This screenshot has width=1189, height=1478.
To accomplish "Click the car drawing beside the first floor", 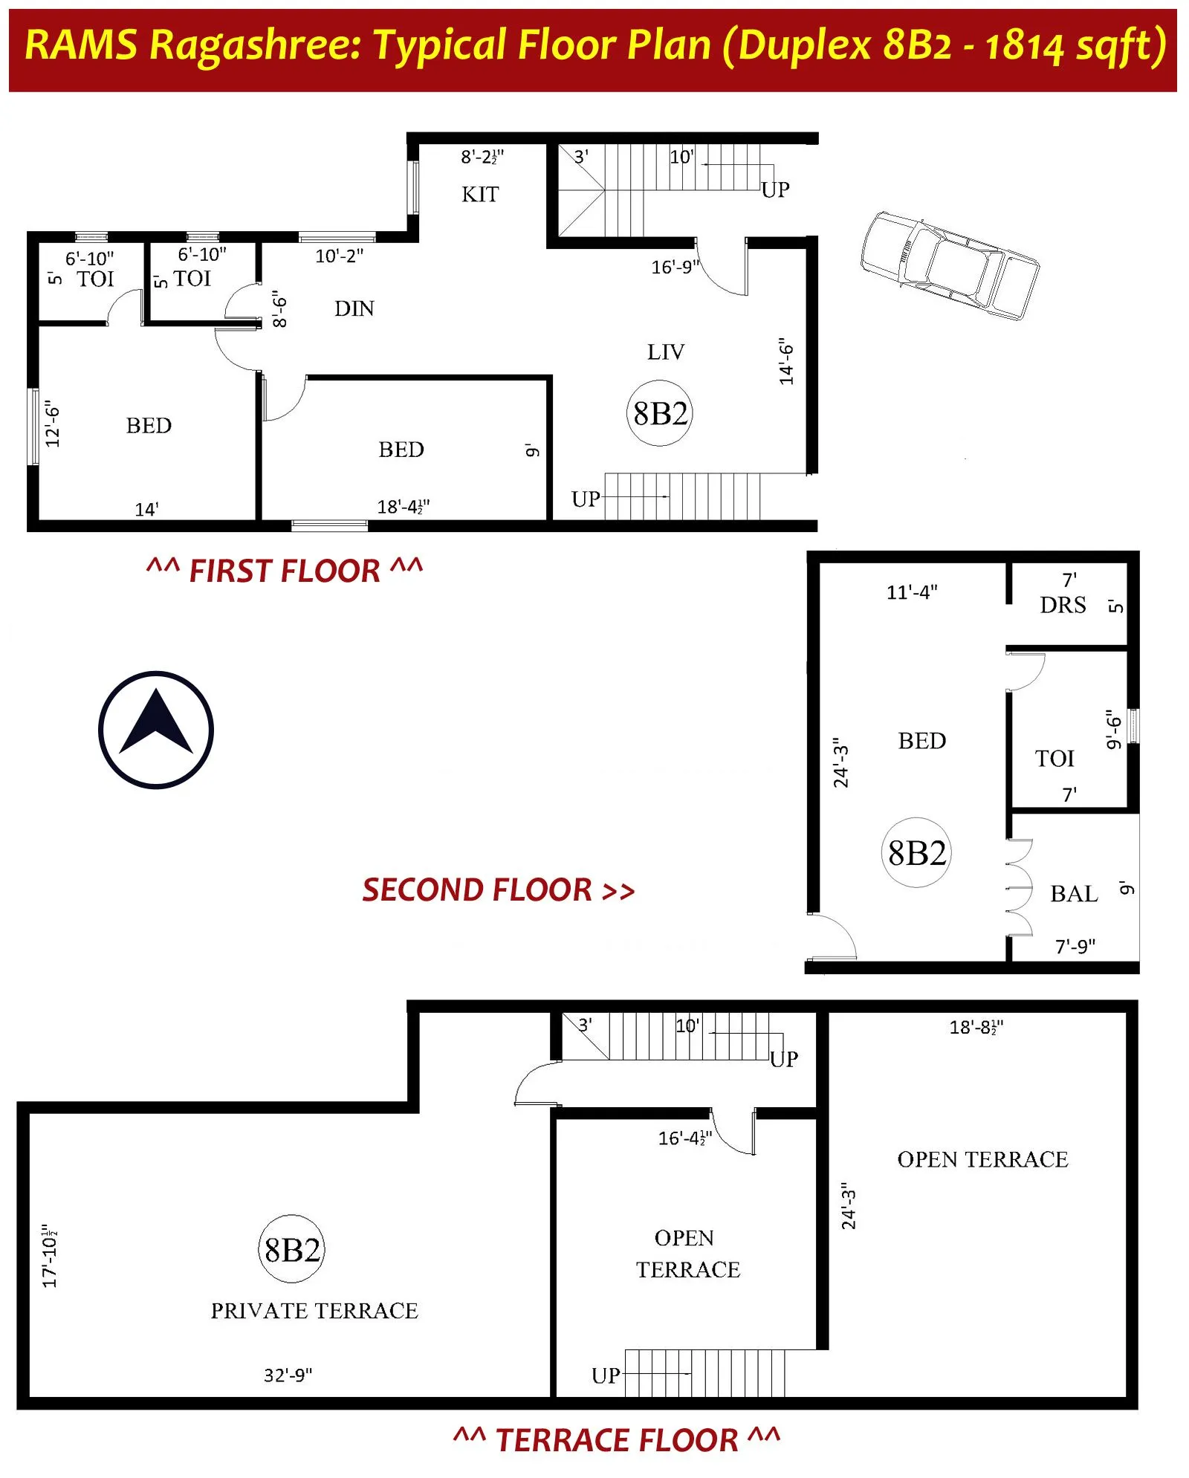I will tap(949, 266).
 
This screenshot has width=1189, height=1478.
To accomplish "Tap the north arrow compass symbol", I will tap(156, 730).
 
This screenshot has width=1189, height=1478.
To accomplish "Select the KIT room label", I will tap(480, 195).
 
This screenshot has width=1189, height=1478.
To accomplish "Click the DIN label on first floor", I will tap(354, 308).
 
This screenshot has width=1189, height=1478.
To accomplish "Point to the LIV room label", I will tap(665, 352).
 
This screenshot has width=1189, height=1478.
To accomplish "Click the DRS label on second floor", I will tap(1063, 605).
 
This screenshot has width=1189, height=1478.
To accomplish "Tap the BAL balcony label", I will tap(1074, 893).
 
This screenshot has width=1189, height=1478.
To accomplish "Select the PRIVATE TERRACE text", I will tap(314, 1311).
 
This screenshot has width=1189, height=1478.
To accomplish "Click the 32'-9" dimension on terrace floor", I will tap(288, 1375).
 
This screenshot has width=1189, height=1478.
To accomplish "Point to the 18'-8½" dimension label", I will tap(976, 1027).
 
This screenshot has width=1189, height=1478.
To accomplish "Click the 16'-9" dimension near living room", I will tap(675, 268).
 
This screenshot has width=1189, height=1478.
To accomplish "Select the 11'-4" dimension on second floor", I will tap(912, 592).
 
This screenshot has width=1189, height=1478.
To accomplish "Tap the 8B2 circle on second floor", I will tap(916, 853).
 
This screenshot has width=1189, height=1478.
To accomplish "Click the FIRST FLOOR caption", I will tap(285, 571).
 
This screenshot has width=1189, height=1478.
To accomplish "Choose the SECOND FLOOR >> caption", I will tap(498, 889).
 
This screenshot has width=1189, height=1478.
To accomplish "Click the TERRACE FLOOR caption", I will tap(617, 1439).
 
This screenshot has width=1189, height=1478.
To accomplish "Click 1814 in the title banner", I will tap(1024, 46).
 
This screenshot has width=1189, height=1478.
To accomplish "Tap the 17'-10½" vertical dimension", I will tap(50, 1256).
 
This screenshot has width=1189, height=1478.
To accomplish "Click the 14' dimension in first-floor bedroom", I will tap(146, 510).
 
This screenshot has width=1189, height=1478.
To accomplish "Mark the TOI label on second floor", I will tap(1054, 759).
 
